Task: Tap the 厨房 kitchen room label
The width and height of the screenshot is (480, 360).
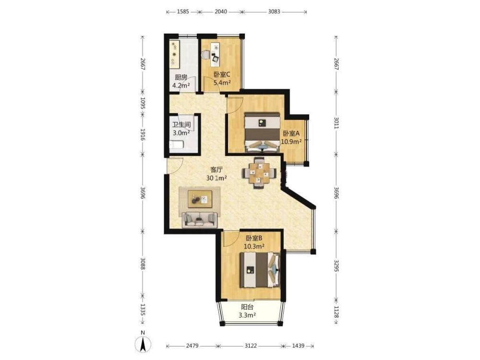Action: (181, 77)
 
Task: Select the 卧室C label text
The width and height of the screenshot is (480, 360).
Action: (222, 74)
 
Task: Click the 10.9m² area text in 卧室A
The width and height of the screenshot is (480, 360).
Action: (291, 142)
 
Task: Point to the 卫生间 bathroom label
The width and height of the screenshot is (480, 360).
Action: (181, 125)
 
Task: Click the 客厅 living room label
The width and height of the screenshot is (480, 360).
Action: (216, 169)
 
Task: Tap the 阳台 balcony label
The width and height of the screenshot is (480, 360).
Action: (247, 307)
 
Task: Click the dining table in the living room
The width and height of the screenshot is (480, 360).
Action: (260, 173)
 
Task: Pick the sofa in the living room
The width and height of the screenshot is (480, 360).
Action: (200, 219)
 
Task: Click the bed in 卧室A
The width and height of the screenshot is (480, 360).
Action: (263, 132)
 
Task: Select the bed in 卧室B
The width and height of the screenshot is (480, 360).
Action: (260, 270)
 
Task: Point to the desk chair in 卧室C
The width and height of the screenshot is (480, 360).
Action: (206, 55)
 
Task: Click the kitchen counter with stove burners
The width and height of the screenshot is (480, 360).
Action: (175, 55)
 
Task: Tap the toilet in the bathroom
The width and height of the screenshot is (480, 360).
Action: (177, 144)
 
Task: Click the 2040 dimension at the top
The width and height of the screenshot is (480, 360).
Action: (221, 12)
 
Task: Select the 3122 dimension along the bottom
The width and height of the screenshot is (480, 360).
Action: (251, 346)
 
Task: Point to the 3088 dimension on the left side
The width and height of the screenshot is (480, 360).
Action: (143, 264)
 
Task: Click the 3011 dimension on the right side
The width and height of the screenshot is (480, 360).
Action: (336, 122)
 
